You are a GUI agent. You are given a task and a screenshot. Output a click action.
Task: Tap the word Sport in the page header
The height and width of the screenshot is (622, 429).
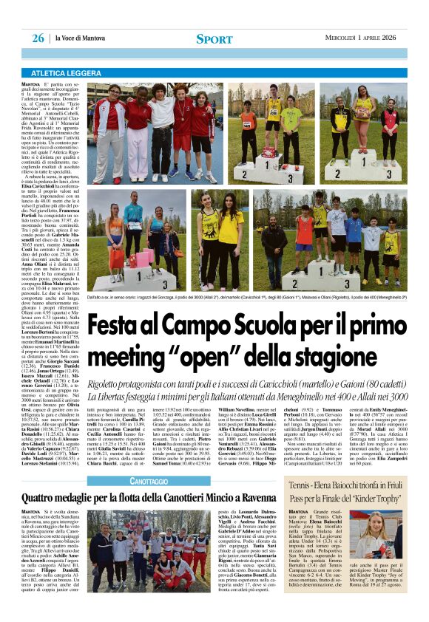point(214,38)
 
